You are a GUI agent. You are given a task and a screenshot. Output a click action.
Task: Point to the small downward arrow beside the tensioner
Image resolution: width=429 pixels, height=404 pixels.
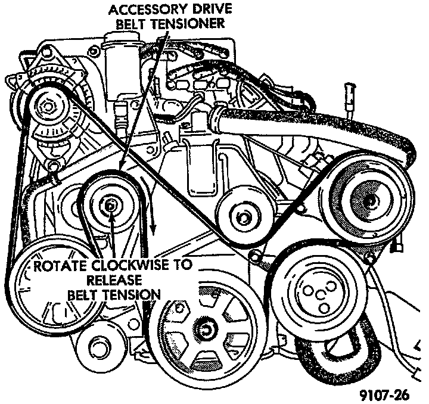click(x=153, y=223)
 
